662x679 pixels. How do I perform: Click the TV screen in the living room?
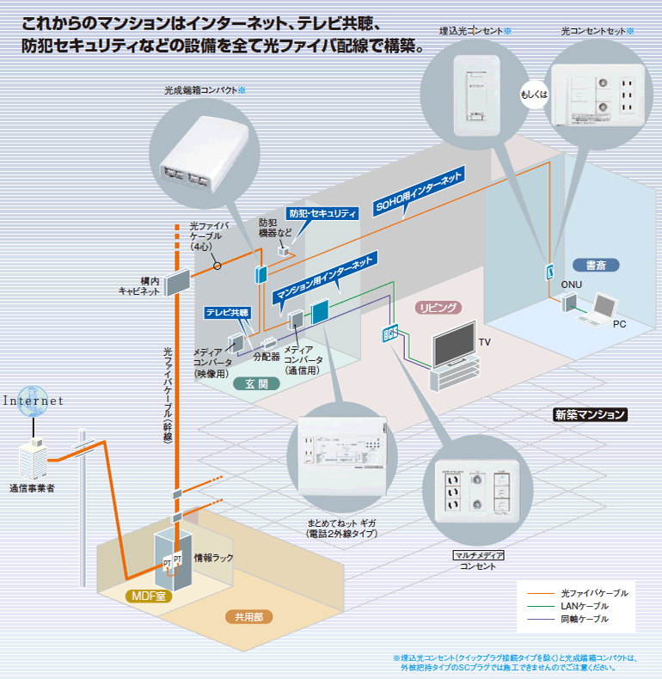[x=452, y=345]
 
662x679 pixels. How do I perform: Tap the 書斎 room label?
[x=596, y=265]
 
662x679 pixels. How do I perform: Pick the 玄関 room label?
[x=256, y=384]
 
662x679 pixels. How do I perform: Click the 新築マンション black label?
[x=589, y=414]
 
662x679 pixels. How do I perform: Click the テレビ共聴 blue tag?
[x=227, y=313]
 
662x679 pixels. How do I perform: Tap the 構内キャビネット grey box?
[x=176, y=280]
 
